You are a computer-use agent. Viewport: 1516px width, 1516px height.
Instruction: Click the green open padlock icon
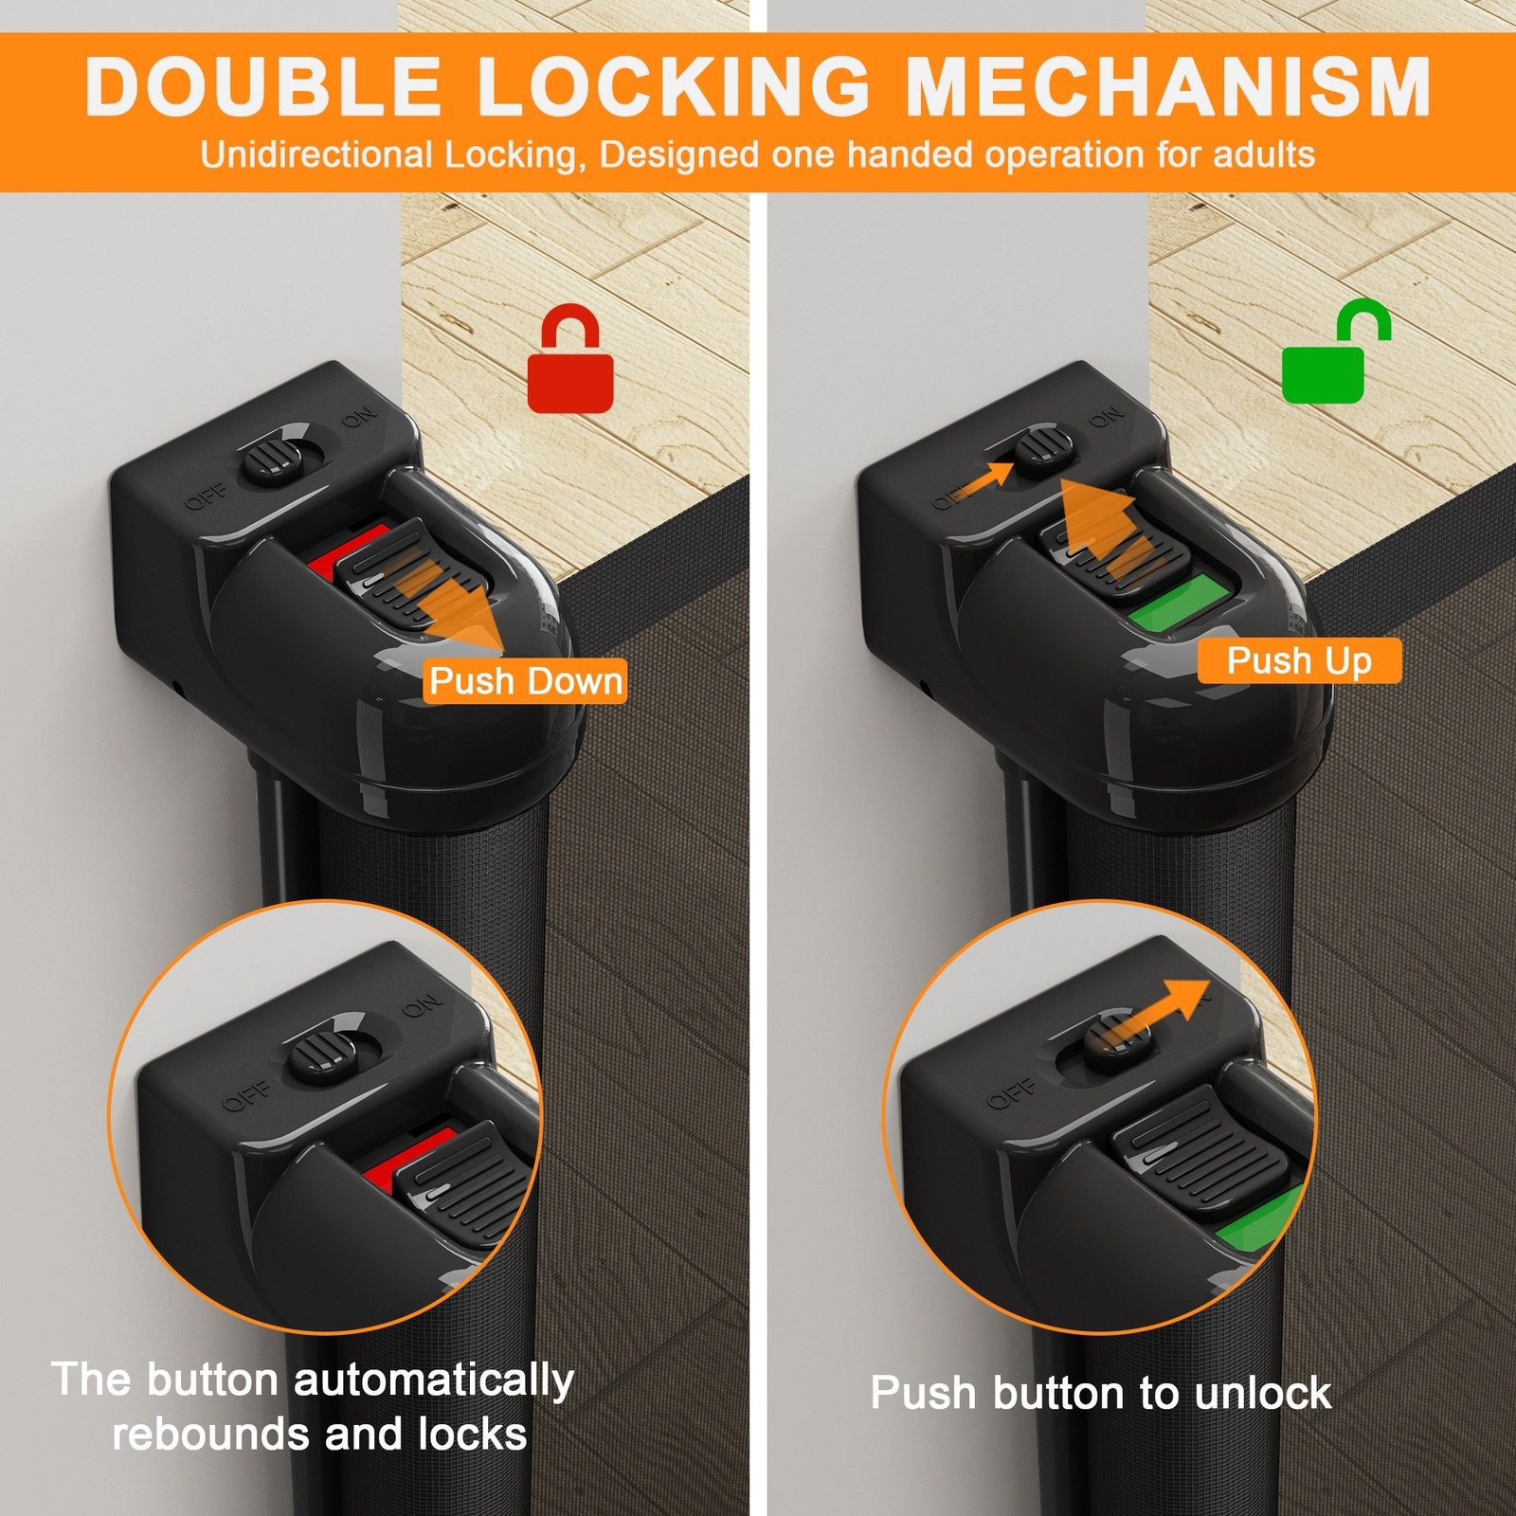[x=1334, y=351]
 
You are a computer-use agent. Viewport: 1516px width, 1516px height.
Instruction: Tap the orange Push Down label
[x=525, y=681]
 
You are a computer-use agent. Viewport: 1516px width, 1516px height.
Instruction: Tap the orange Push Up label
[x=1299, y=660]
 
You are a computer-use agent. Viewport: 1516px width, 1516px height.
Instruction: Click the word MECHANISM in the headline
[x=1168, y=86]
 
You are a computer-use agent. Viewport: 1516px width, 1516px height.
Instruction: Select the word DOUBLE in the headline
[x=263, y=86]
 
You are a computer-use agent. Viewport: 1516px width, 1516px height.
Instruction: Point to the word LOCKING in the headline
[x=674, y=86]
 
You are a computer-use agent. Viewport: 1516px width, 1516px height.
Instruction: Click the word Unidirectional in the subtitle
[x=316, y=154]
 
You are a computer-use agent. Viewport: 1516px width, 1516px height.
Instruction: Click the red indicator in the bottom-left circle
[x=409, y=1156]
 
